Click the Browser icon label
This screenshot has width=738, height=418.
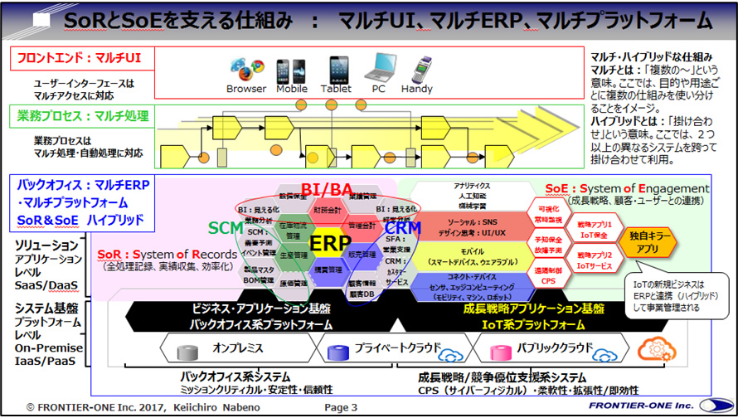pos(247,89)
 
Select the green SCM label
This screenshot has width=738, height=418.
pos(226,226)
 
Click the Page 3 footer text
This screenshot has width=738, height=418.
pos(341,407)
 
